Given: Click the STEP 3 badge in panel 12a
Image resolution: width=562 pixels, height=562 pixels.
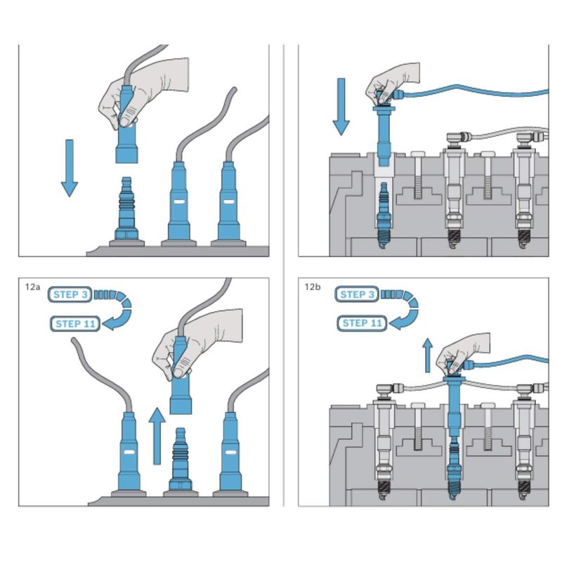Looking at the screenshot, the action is (70, 294).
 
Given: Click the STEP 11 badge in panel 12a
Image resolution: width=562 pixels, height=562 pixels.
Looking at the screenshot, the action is (75, 324).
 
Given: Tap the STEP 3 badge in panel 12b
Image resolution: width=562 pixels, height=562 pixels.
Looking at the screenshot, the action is (357, 294).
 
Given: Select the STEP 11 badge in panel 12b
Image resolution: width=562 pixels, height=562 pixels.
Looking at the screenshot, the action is (362, 323).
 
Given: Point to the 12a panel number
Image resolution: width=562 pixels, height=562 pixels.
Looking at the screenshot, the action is (32, 287).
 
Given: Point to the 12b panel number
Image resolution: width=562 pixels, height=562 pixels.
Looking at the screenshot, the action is (313, 287).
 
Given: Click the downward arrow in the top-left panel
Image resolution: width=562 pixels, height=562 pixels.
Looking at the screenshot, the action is (70, 168).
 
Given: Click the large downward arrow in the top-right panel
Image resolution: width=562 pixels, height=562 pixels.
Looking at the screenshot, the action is (341, 107).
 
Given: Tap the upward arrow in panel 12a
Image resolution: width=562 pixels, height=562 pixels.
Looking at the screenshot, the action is (157, 436).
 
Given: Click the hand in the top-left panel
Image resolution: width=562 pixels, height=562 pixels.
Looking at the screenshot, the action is (143, 93).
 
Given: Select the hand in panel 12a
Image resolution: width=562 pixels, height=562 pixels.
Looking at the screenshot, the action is (197, 344).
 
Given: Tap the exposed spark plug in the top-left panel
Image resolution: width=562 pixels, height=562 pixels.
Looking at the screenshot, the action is (126, 209).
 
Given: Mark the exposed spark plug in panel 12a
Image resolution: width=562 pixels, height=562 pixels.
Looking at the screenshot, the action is (181, 459).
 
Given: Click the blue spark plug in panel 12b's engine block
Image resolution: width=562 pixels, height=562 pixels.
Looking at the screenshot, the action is (454, 469).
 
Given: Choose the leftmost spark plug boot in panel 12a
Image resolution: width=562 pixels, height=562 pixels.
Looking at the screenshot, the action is (129, 452).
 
